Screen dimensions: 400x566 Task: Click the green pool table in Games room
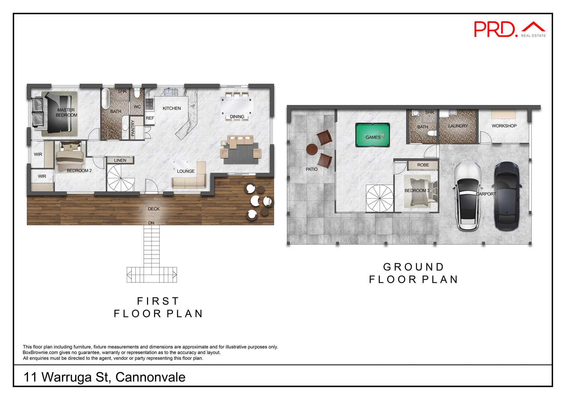point(373,135)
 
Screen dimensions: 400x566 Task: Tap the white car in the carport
point(468,196)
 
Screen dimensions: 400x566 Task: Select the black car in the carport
point(507,196)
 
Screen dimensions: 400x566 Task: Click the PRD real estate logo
point(509,29)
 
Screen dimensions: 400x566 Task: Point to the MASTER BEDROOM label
point(66,113)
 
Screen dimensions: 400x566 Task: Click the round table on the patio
point(312,149)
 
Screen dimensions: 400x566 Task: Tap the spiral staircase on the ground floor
point(380,198)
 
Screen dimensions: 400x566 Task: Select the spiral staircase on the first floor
point(121,178)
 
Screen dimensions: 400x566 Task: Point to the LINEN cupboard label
point(120,161)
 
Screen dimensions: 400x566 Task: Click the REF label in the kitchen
point(150,118)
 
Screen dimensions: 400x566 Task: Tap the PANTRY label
point(133,128)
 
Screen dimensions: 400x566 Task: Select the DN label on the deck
point(151,223)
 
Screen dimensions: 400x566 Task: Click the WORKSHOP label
point(504,126)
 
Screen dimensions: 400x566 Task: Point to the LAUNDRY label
point(458,126)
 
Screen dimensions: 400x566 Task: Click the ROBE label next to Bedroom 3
point(423,165)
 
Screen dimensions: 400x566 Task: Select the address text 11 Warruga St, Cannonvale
point(104,377)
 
